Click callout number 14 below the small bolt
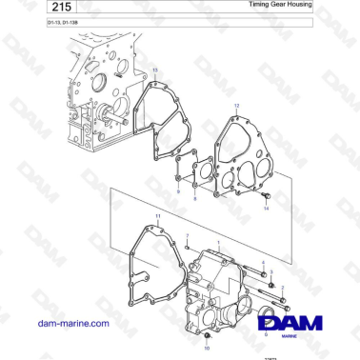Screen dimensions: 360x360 pyautogui.click(x=266, y=208)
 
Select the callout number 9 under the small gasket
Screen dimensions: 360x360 pyautogui.click(x=178, y=192)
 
